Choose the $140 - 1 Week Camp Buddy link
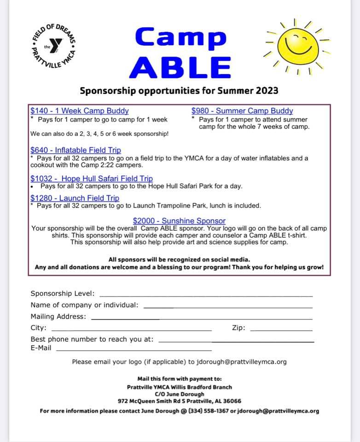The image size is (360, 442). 80,111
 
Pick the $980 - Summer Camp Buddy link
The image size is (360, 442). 242,111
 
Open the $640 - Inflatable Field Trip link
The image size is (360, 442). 76,150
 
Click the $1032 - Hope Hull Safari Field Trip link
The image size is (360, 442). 92,179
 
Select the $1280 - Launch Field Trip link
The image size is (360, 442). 75,198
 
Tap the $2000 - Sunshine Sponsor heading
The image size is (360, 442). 179,221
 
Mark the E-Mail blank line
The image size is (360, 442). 134,350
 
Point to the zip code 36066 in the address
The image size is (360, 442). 232,401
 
